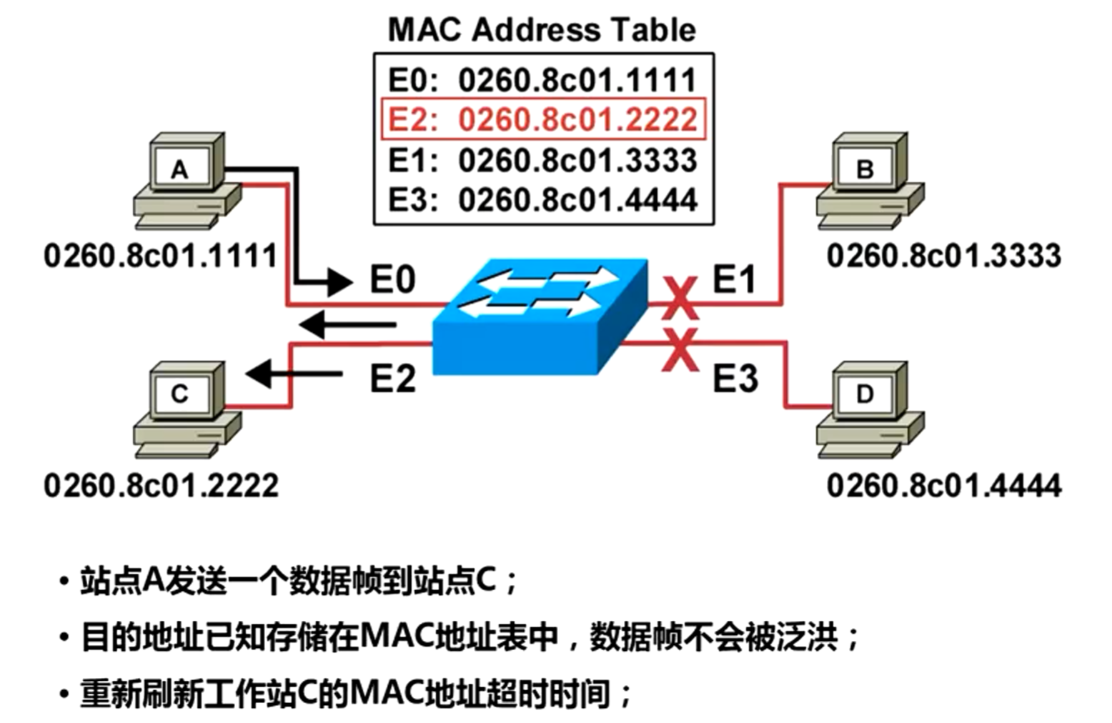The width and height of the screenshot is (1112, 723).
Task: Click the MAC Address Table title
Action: [x=542, y=30]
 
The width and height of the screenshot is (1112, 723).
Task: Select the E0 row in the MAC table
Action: [x=542, y=79]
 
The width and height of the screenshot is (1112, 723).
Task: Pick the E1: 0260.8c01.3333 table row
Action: [x=542, y=160]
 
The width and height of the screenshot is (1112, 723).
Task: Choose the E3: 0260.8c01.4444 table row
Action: [x=542, y=199]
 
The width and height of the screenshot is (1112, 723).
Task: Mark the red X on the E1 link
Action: [x=679, y=298]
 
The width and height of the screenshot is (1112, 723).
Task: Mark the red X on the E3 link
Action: [x=679, y=350]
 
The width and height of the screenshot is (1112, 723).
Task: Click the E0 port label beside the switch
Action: [x=392, y=279]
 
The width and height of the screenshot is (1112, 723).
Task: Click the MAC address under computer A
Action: [x=161, y=256]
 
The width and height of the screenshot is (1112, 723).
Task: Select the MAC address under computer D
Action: [x=943, y=486]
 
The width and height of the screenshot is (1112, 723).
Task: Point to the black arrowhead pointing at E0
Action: [x=339, y=280]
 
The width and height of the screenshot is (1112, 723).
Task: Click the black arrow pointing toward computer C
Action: [x=293, y=373]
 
